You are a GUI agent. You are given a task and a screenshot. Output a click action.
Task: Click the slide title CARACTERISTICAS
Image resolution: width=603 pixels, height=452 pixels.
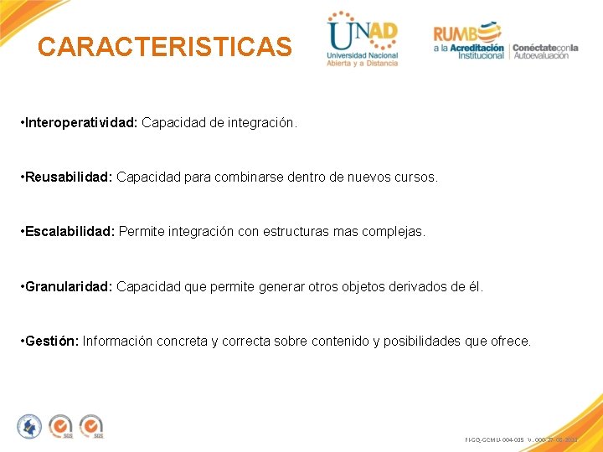click(x=164, y=47)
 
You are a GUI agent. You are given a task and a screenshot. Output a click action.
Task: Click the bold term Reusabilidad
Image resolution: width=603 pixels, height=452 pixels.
click(x=69, y=177)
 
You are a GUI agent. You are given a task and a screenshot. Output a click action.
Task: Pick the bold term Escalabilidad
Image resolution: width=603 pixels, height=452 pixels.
click(x=70, y=232)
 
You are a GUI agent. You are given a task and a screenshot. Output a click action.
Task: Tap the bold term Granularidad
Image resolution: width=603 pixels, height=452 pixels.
click(x=69, y=286)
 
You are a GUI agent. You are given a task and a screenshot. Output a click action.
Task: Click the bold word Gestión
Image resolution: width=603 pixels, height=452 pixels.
click(x=52, y=341)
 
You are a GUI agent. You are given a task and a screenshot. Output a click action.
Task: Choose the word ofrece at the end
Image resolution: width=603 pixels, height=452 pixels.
click(x=510, y=341)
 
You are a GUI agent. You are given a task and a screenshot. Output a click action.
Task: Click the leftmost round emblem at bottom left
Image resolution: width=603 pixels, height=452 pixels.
click(x=29, y=426)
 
